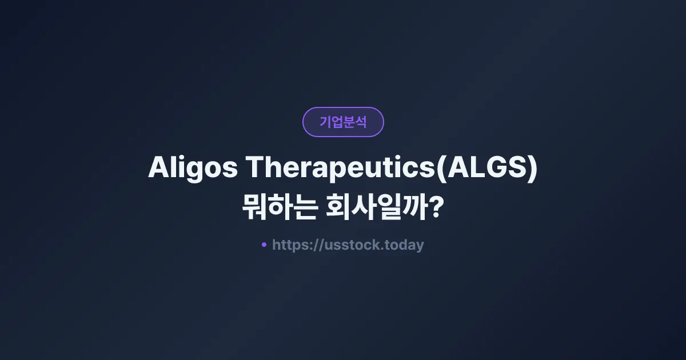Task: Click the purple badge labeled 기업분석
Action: (x=343, y=122)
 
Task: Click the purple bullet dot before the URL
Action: (x=264, y=245)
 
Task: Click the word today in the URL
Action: (x=404, y=245)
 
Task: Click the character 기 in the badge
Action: (x=325, y=122)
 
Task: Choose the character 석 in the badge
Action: (x=361, y=122)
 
